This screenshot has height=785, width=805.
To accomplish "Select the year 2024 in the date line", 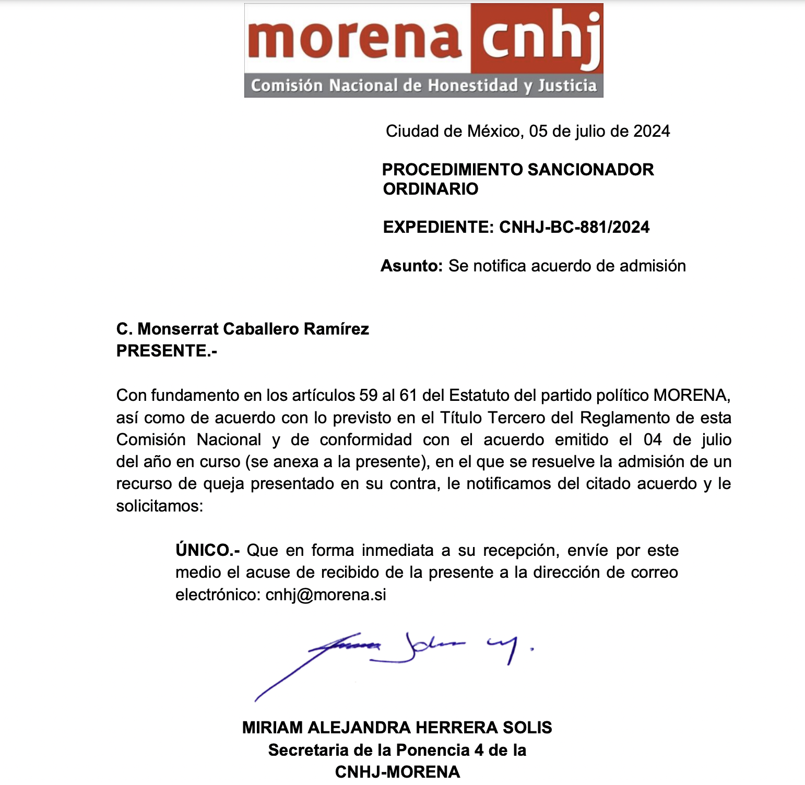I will click(652, 131).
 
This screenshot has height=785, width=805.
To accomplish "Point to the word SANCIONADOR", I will click(590, 170).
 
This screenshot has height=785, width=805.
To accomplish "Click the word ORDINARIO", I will click(431, 189).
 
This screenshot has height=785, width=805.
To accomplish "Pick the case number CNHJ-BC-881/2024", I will click(574, 227).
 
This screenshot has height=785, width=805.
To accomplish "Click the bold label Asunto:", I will click(412, 266).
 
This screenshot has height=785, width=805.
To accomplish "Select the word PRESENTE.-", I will click(167, 351).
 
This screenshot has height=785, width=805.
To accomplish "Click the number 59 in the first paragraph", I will click(368, 395).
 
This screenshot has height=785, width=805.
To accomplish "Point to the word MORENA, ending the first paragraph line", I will click(692, 395).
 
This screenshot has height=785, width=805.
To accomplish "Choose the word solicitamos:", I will click(159, 506).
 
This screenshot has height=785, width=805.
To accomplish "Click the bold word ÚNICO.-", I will click(207, 550).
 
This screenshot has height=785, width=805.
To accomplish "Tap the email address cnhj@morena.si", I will click(326, 594).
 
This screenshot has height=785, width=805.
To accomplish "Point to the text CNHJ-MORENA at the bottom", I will click(397, 772).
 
